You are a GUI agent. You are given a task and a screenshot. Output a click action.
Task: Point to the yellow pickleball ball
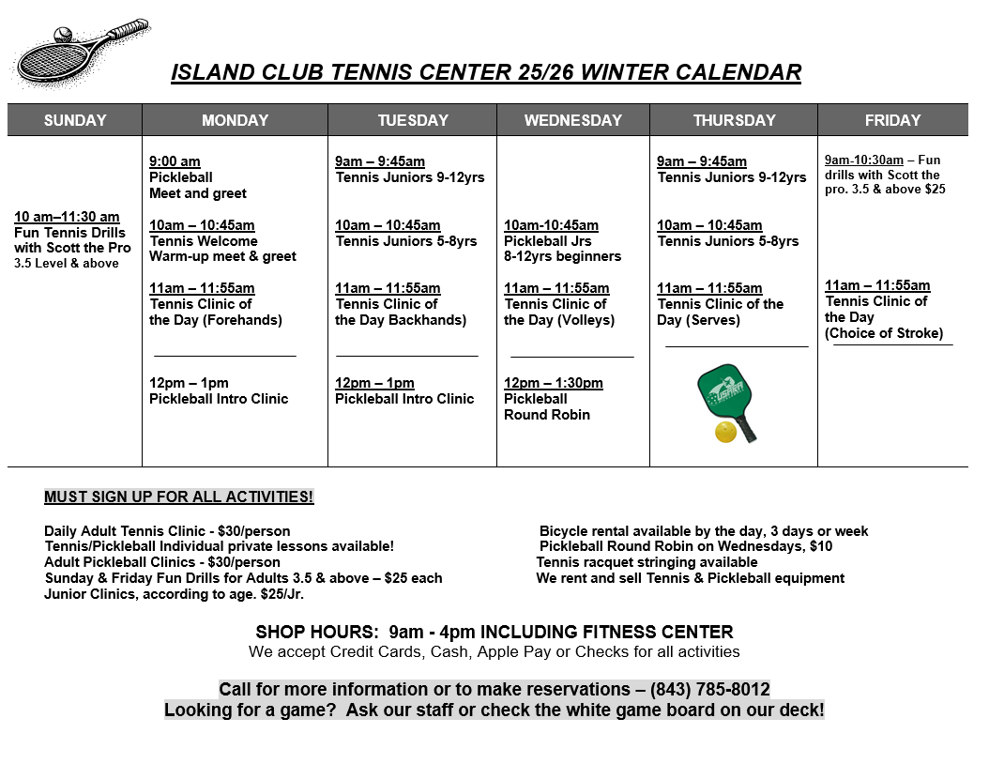click(724, 432)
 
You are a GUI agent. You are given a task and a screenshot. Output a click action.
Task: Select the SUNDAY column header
click(75, 120)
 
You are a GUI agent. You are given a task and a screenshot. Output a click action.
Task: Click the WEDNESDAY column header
click(572, 120)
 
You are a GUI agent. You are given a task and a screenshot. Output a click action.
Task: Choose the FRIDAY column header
click(892, 120)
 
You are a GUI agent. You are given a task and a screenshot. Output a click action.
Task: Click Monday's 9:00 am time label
click(175, 161)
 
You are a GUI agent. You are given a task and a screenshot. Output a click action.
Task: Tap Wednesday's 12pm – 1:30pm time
click(553, 383)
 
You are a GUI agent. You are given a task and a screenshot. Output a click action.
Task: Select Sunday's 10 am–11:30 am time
click(67, 217)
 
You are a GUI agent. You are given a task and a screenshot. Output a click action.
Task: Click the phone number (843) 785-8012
click(709, 689)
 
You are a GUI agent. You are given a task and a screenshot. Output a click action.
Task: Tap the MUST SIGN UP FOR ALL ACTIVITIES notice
click(178, 497)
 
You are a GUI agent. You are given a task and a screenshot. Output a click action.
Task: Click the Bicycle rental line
click(704, 531)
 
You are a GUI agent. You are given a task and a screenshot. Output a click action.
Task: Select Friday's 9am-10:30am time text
click(863, 160)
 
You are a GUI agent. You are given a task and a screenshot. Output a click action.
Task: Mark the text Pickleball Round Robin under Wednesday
click(547, 406)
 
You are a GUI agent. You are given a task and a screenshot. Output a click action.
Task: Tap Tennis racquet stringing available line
click(647, 562)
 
